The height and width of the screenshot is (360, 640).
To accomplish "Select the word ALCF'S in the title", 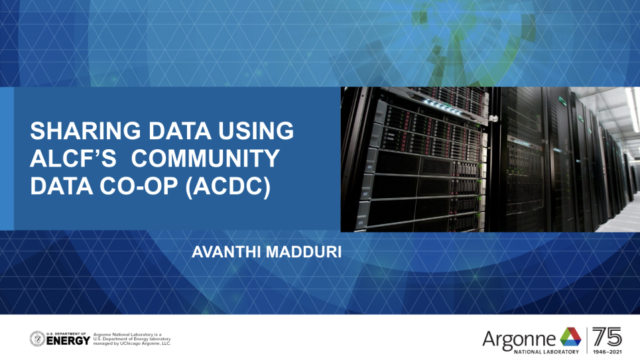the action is point(73,158).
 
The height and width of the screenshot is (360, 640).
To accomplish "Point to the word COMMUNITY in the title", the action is point(206,158).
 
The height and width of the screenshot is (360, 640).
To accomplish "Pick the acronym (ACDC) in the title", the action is point(228,187).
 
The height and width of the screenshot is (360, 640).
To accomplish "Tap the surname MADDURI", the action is point(304,252).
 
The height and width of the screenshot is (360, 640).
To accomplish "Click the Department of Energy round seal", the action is point(38,339).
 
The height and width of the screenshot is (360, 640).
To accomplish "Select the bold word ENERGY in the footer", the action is point(68,340).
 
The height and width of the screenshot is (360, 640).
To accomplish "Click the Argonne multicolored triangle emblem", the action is point(570,337).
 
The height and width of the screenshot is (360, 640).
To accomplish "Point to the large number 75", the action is point(608,337).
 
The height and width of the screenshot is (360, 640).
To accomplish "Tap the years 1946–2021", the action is point(608,351).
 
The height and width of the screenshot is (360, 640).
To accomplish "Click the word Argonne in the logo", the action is point(519,339).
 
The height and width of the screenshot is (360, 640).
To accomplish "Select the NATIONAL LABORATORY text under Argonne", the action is point(546,351).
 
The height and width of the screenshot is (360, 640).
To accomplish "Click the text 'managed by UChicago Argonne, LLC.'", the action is point(132,343).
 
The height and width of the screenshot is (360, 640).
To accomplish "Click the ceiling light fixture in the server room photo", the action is point(633,109).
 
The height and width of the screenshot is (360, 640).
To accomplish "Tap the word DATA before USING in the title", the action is point(180,131).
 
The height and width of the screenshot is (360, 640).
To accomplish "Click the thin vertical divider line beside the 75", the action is point(587,340).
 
